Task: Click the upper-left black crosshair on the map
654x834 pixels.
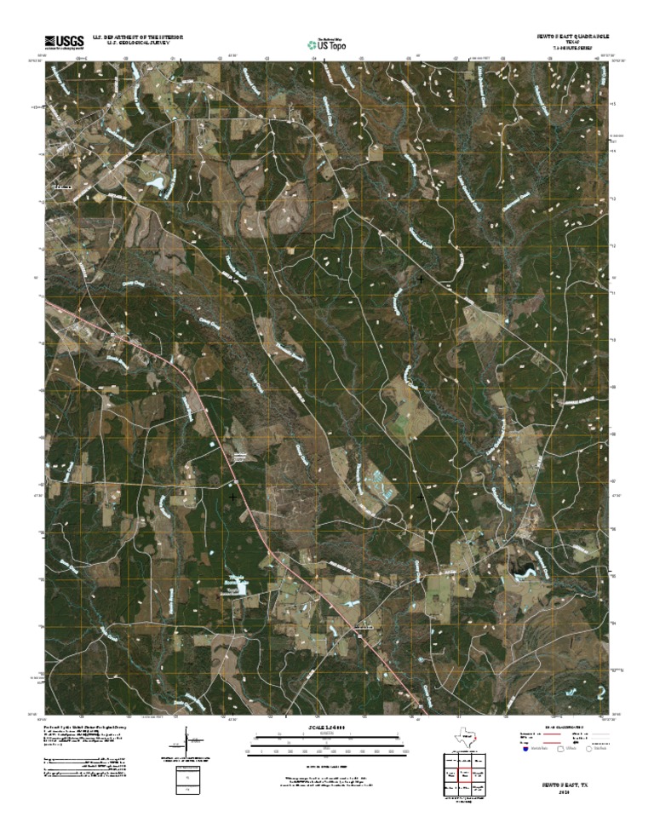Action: [x=233, y=278]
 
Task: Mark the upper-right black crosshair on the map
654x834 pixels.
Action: [x=420, y=278]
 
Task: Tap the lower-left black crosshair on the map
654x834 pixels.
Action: [x=233, y=495]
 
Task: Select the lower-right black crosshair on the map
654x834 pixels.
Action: [x=420, y=495]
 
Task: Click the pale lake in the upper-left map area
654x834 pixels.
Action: [x=156, y=181]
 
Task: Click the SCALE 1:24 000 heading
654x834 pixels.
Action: [x=327, y=728]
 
